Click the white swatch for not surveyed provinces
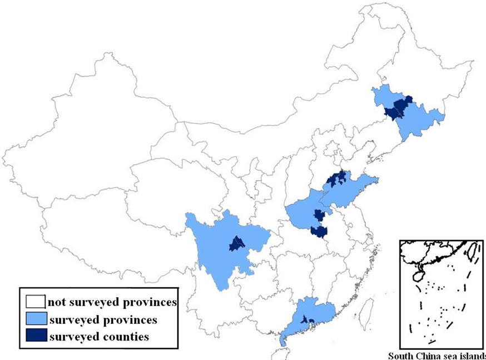(x=36, y=302)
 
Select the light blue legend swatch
(x=36, y=320)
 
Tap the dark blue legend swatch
(x=36, y=336)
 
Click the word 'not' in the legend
(x=54, y=302)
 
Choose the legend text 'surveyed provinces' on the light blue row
(x=103, y=320)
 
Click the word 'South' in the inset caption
(x=399, y=356)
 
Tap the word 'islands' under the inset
(x=472, y=356)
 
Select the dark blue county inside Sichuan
(x=238, y=243)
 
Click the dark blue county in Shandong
(x=335, y=179)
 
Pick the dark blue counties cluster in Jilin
(x=400, y=108)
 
